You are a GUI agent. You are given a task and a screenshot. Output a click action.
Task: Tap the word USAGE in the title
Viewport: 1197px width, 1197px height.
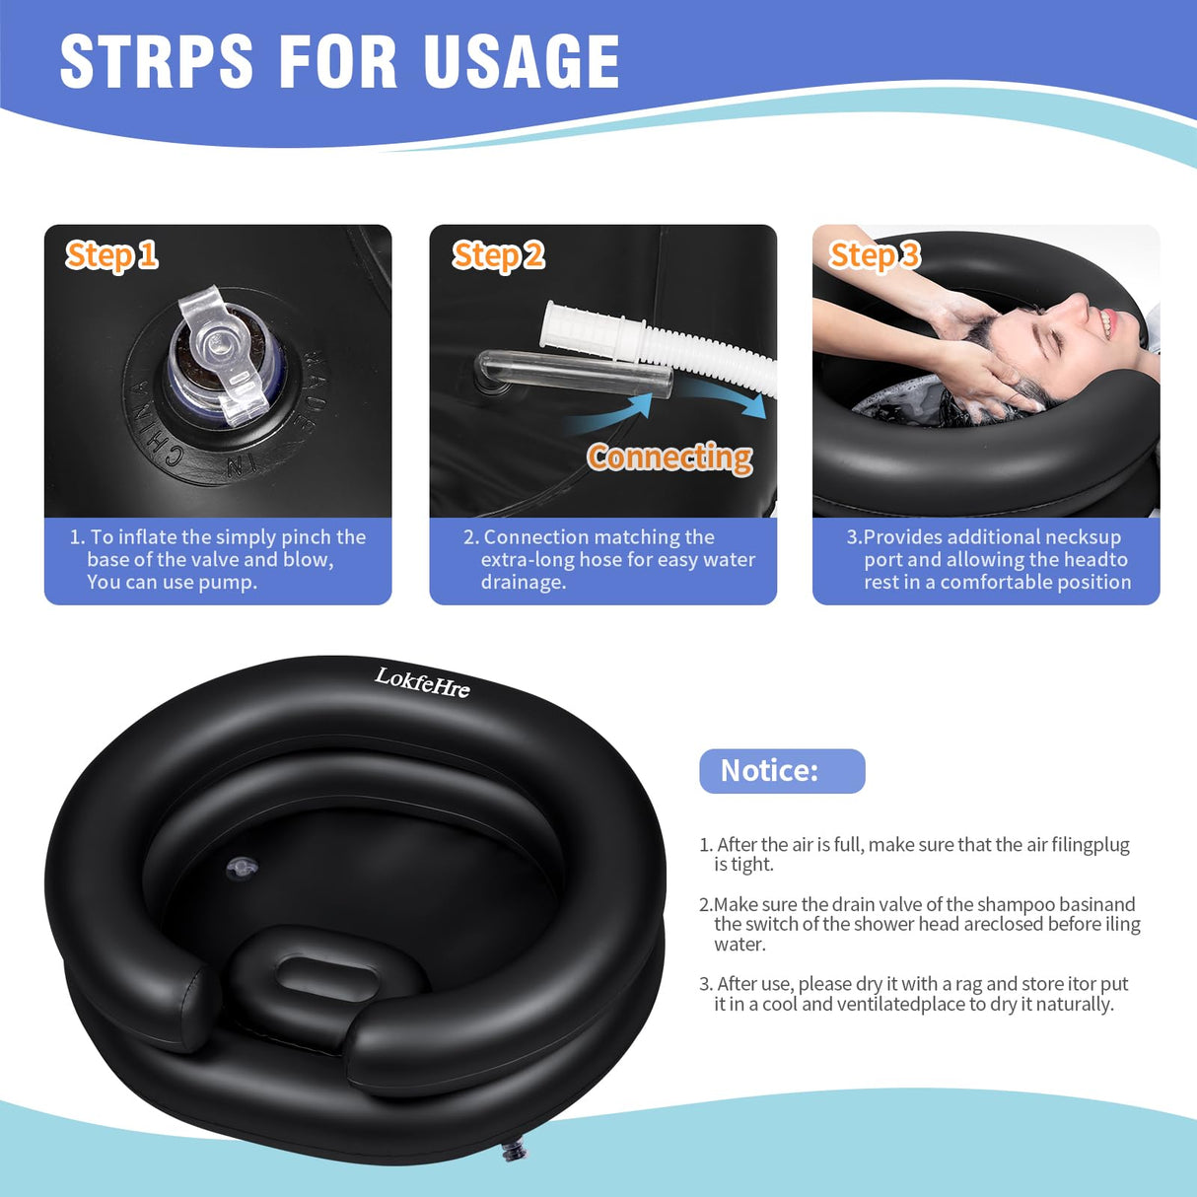point(522,62)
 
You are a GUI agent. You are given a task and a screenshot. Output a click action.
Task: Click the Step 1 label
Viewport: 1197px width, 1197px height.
point(111,255)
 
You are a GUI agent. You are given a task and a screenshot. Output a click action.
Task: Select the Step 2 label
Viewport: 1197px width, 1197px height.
point(498,255)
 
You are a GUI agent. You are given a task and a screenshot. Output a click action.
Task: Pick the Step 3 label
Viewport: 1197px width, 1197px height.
point(874,255)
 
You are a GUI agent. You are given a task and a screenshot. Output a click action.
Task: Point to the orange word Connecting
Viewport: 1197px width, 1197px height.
point(669,458)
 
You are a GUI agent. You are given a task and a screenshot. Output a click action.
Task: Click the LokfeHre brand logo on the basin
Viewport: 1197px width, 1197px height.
point(422,681)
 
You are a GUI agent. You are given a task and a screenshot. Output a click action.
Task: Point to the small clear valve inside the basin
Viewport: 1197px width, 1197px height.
point(242,868)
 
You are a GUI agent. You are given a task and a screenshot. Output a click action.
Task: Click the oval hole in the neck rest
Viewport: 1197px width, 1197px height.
point(325,977)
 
